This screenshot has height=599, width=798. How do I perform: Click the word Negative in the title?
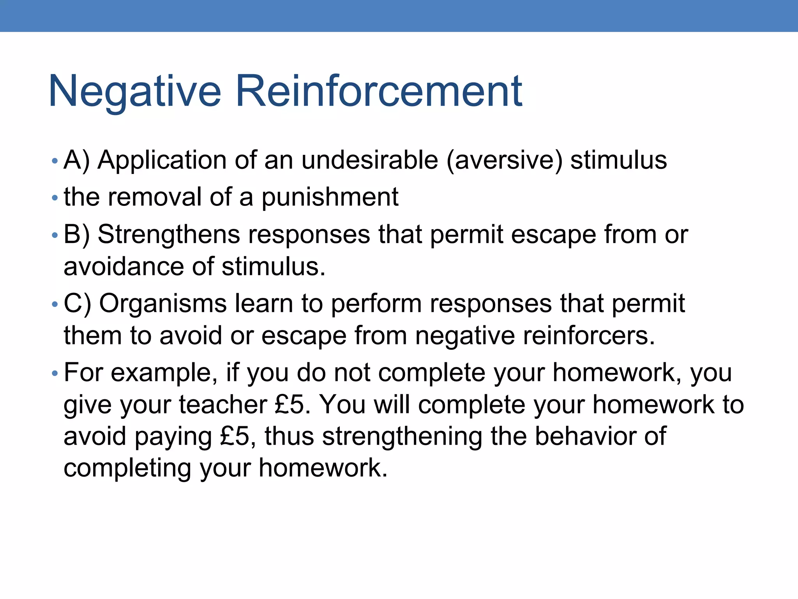(x=134, y=91)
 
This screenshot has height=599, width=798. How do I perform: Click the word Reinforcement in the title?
(x=379, y=91)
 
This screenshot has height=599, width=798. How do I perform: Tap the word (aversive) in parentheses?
(x=505, y=160)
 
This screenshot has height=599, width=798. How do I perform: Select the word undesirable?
(x=369, y=160)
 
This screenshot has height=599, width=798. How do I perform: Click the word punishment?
(x=330, y=197)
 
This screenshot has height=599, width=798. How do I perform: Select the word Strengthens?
(x=168, y=234)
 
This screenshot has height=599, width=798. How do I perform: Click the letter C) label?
(x=77, y=303)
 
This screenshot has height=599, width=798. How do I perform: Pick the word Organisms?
(x=163, y=303)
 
